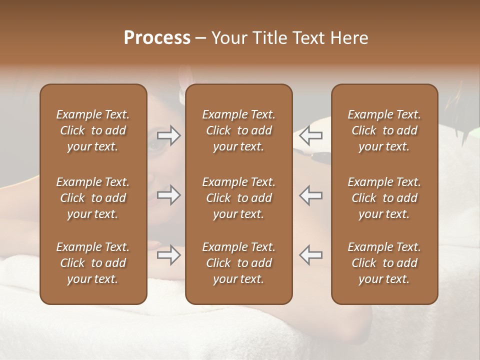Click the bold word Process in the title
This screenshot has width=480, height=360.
click(x=157, y=38)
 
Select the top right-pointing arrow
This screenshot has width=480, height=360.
click(x=169, y=135)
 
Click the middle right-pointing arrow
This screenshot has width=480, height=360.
click(x=169, y=195)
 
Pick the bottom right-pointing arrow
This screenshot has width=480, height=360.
click(x=169, y=255)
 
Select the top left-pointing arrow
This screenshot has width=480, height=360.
click(x=310, y=135)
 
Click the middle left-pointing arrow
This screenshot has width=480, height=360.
click(x=310, y=195)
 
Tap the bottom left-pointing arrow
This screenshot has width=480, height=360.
click(x=310, y=255)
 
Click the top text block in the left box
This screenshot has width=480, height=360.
click(x=93, y=130)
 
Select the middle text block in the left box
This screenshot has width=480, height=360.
click(x=93, y=198)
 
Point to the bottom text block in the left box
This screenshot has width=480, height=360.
click(x=93, y=263)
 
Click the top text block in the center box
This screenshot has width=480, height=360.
click(x=238, y=130)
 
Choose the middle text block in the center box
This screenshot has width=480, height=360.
click(x=238, y=198)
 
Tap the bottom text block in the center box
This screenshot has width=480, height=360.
click(x=238, y=263)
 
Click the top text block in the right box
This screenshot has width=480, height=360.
click(x=384, y=130)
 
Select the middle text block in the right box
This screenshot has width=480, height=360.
click(x=384, y=198)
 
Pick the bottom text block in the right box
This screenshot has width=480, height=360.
click(x=384, y=263)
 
